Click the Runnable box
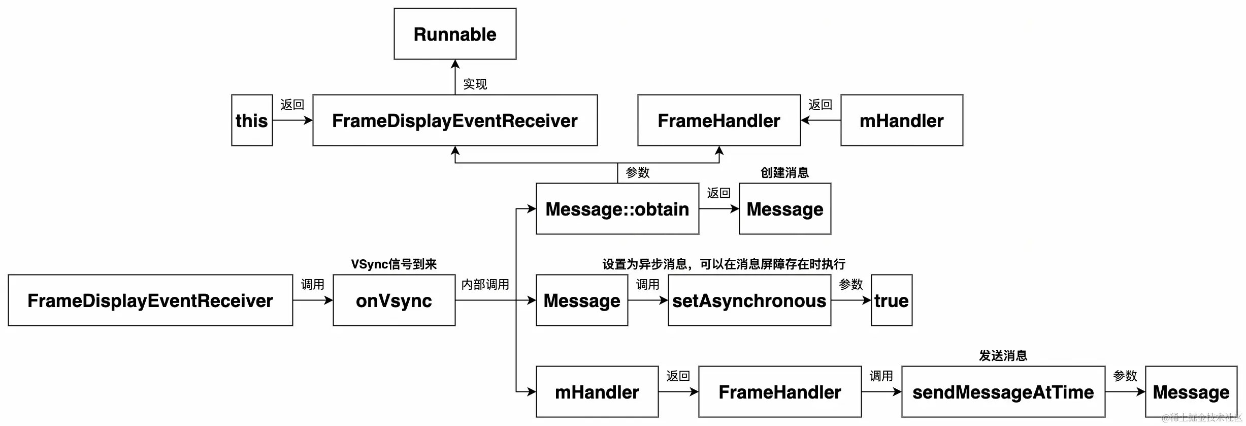pos(455,34)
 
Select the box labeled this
pos(252,120)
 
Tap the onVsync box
pos(394,300)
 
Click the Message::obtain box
pos(617,209)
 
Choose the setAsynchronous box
pos(749,300)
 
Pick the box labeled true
pos(892,300)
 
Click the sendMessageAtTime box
pos(1003,392)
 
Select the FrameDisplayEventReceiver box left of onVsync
pos(150,300)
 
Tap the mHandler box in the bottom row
pos(597,392)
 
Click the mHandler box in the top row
pos(902,120)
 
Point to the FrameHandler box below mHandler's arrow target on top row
pos(719,120)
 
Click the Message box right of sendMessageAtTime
pos(1191,392)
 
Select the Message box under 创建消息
pos(785,209)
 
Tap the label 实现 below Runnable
pos(475,84)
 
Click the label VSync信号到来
pos(394,264)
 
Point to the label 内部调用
pos(485,284)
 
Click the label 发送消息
pos(1003,355)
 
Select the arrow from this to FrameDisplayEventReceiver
pos(292,120)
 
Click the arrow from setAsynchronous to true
pos(851,300)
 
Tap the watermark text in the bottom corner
pos(1201,418)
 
